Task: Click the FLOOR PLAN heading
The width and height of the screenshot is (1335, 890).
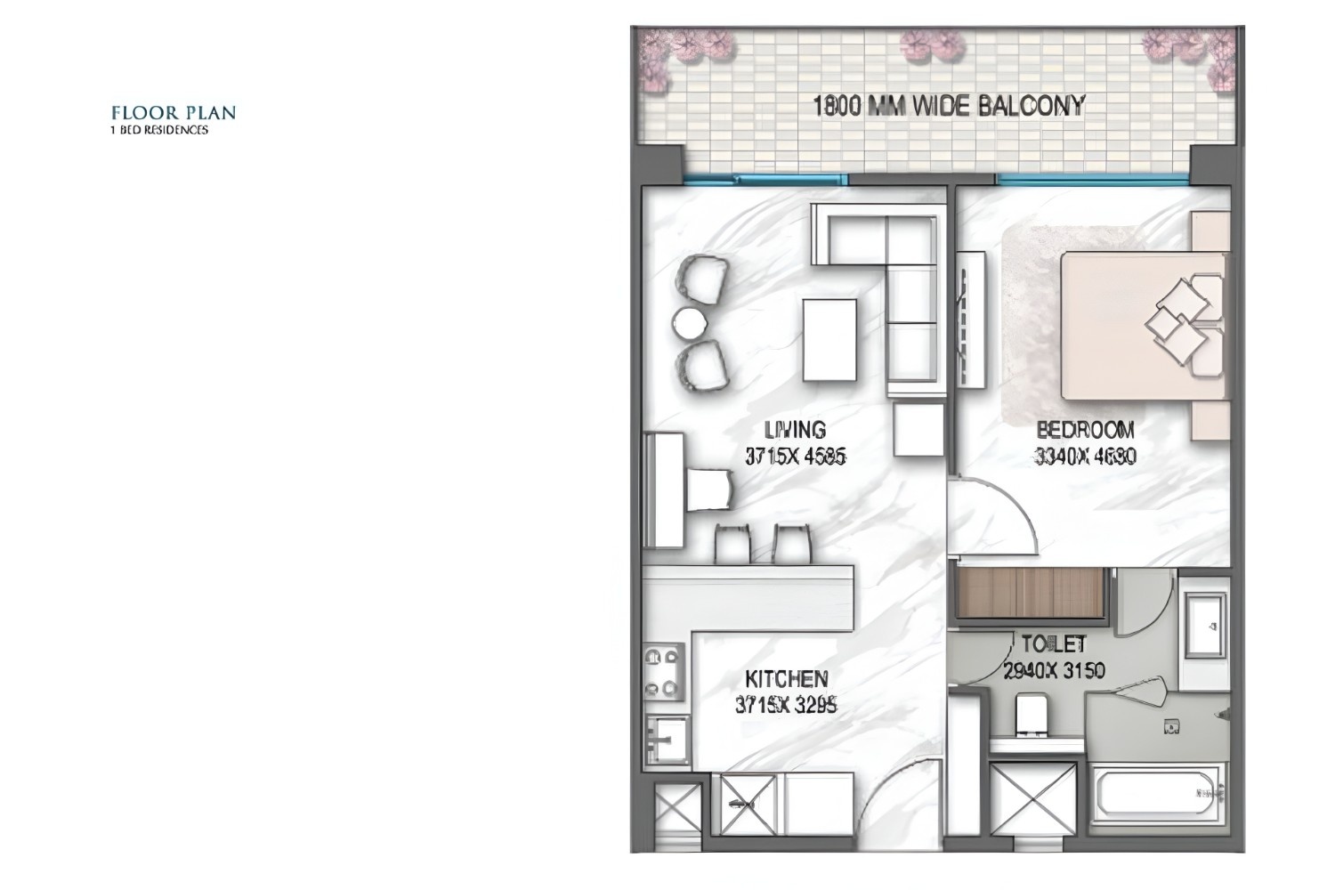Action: (174, 113)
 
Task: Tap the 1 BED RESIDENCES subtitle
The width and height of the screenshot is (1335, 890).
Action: (158, 130)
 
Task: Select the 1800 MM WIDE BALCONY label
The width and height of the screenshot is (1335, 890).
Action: (949, 106)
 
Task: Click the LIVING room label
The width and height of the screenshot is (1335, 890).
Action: (795, 431)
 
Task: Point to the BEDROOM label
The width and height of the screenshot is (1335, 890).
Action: (1086, 431)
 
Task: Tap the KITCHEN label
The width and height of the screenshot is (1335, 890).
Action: (787, 679)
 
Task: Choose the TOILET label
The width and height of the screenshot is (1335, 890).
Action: (1054, 643)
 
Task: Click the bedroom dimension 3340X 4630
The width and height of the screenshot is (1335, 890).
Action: (1086, 457)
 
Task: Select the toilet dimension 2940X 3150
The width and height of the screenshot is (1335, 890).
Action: (1054, 670)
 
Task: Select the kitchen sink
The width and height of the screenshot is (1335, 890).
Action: (664, 740)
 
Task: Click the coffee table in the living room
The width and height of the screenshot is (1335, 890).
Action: (829, 340)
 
